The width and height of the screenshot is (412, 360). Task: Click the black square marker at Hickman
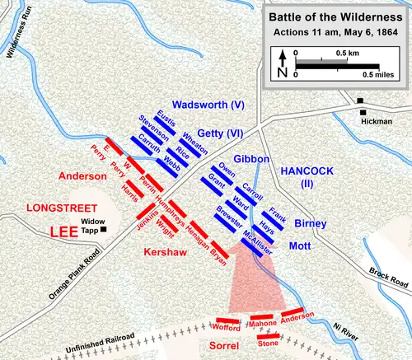click(360, 101)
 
